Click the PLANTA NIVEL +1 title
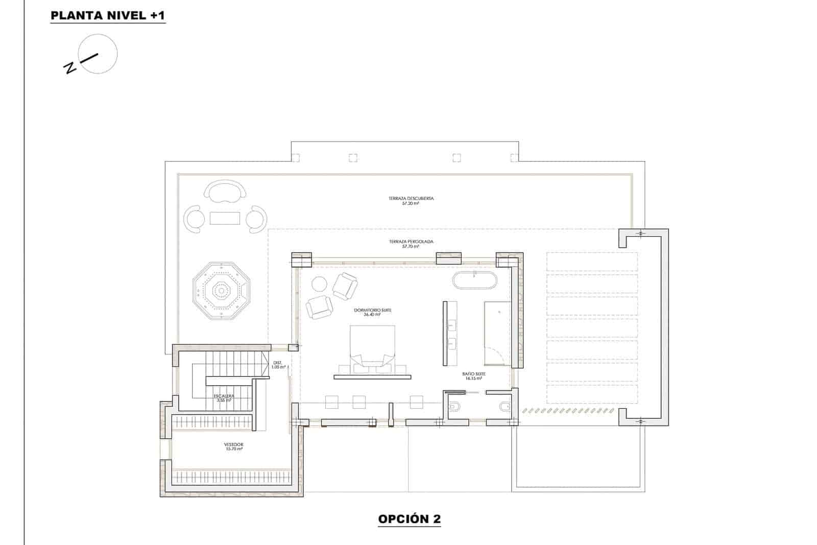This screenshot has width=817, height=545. point(108,16)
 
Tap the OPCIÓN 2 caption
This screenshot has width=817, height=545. point(409,519)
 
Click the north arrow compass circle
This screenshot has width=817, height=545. point(99,54)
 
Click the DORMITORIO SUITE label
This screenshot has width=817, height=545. point(372,312)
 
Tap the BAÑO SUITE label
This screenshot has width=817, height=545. point(473,376)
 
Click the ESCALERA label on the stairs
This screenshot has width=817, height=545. point(223,398)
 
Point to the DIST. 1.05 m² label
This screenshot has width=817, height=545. point(278,365)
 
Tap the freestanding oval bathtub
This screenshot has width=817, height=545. point(474,281)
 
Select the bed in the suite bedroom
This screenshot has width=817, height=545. point(372,347)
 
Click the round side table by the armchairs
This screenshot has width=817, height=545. point(320,284)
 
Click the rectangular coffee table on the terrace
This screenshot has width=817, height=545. point(225,218)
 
